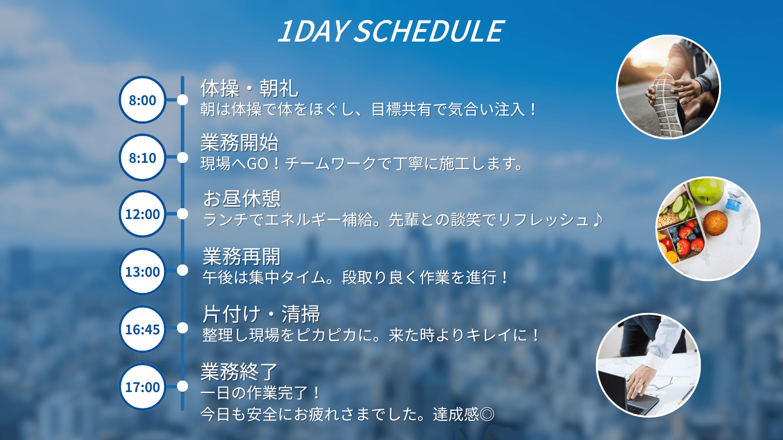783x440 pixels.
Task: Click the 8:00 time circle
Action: tap(142, 100)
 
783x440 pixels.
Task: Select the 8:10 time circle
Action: tap(142, 157)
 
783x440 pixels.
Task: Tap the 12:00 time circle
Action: tap(142, 214)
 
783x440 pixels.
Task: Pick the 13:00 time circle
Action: tap(142, 271)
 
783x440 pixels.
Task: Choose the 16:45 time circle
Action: tap(142, 329)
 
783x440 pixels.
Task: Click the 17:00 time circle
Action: tap(142, 387)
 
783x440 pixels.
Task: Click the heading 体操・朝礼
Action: tap(249, 88)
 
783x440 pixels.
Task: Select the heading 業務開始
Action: tap(239, 142)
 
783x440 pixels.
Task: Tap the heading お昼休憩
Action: tap(242, 198)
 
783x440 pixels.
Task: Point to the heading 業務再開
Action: tap(242, 256)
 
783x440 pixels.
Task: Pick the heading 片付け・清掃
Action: tap(261, 314)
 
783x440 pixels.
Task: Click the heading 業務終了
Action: tap(239, 372)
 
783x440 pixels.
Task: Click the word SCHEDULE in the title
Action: tap(429, 31)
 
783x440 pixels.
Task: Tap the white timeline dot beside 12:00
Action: tap(183, 214)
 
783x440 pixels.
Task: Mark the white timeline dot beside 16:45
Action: tap(183, 328)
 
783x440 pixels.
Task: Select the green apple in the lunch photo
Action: tap(706, 191)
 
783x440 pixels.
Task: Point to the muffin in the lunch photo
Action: tap(715, 223)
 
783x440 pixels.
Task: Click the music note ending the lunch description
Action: tap(598, 220)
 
